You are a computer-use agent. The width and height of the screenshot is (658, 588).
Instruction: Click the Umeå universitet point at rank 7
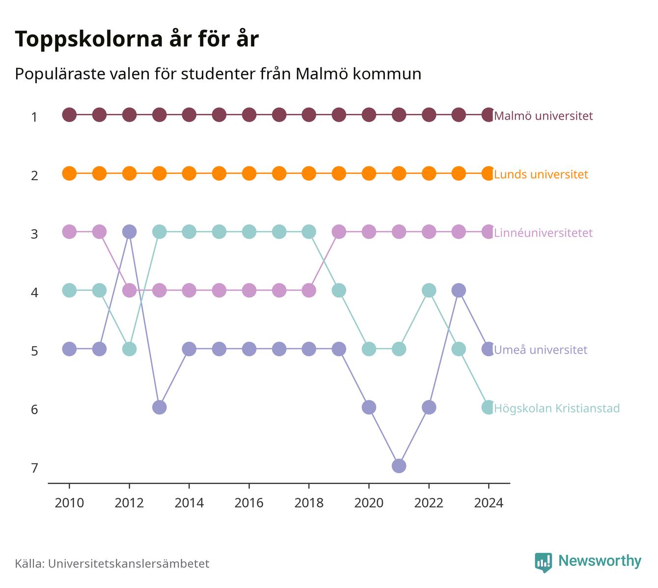click(x=399, y=466)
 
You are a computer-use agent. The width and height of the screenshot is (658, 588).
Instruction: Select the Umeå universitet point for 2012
click(x=129, y=232)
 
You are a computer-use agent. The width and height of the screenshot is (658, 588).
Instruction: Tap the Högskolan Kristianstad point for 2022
click(x=429, y=290)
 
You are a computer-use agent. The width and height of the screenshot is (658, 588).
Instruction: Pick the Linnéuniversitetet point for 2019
click(x=339, y=232)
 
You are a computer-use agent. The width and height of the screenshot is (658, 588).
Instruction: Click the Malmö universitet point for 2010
click(x=69, y=115)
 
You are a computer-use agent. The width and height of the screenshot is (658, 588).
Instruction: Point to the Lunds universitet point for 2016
click(x=249, y=173)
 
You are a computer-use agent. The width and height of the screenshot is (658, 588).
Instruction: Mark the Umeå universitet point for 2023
click(x=459, y=290)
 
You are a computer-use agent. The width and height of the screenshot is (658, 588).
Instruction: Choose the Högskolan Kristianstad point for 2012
click(x=129, y=349)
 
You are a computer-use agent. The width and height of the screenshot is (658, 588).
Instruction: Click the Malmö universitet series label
click(x=544, y=115)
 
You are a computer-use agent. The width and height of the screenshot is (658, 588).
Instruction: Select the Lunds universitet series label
click(x=541, y=174)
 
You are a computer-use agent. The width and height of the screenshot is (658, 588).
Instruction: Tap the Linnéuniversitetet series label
click(x=544, y=233)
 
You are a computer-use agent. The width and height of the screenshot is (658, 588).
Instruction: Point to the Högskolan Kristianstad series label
click(x=557, y=408)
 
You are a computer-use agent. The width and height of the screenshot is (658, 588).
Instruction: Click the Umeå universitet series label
click(x=541, y=349)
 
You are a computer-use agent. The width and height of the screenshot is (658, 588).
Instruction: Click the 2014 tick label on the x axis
click(x=189, y=503)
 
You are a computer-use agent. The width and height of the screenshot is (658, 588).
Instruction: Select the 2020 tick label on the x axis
click(x=369, y=503)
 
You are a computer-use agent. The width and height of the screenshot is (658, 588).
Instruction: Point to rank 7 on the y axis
click(x=34, y=468)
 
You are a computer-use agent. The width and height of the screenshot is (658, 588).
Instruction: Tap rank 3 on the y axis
click(x=34, y=234)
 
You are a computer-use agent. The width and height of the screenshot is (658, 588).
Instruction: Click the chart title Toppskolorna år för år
click(x=137, y=39)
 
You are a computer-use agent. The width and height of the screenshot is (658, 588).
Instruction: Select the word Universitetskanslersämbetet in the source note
click(x=129, y=563)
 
